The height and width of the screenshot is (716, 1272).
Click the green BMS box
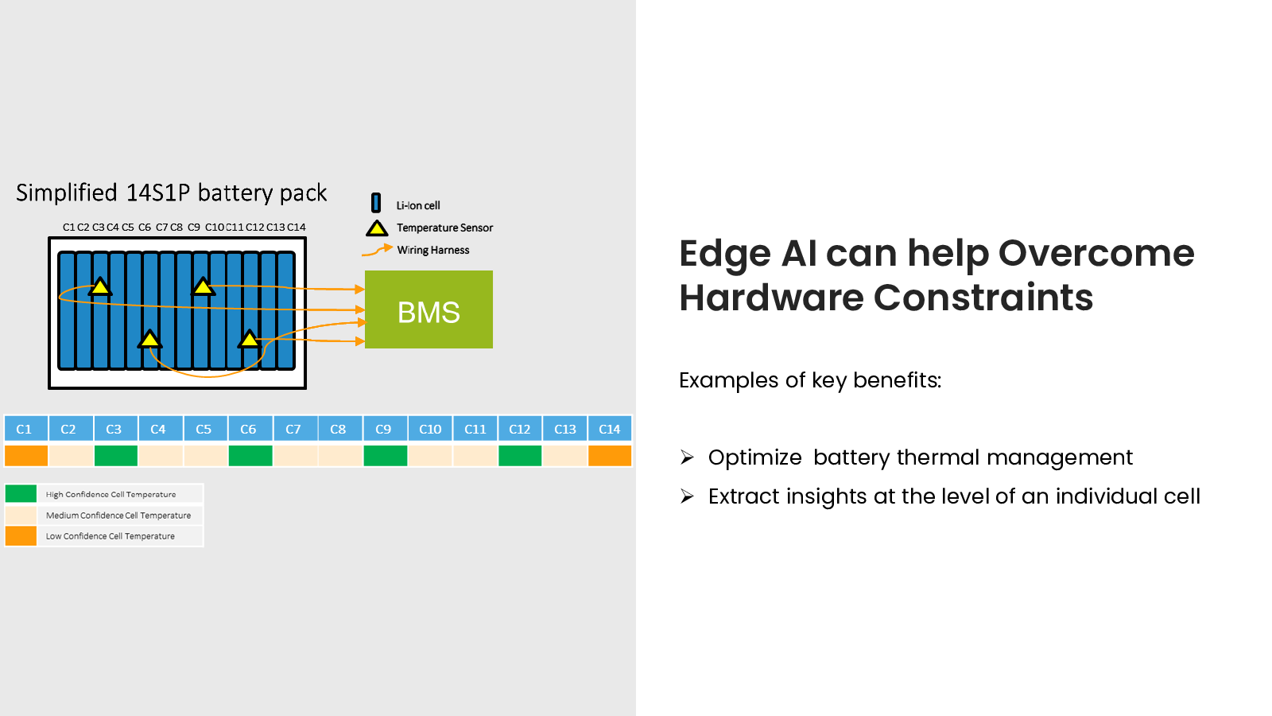pos(429,309)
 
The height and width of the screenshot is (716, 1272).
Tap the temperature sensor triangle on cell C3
pos(100,287)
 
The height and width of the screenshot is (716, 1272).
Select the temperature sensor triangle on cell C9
pos(203,287)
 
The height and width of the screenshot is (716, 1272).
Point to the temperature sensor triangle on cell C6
pos(149,339)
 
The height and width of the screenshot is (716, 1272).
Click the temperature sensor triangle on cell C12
pos(250,339)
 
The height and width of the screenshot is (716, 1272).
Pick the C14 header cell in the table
pos(610,429)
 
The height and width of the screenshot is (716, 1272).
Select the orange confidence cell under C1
pos(26,456)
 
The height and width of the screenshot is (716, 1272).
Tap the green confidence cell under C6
pos(250,456)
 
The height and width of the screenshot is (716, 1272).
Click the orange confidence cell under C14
pos(610,456)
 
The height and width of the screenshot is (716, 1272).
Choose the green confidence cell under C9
pos(385,456)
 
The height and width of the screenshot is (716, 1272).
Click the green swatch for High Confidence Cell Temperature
pos(21,494)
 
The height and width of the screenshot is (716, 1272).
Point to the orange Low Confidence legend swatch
pos(21,536)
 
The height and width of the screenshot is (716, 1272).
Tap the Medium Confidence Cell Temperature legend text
pos(118,516)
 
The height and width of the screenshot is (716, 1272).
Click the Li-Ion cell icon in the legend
pos(376,203)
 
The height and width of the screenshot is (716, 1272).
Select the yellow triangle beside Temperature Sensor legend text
pos(377,228)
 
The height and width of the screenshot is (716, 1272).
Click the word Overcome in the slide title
pos(1096,254)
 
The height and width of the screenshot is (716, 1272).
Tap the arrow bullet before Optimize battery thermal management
pos(687,457)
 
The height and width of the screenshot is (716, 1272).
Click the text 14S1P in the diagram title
pos(157,193)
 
